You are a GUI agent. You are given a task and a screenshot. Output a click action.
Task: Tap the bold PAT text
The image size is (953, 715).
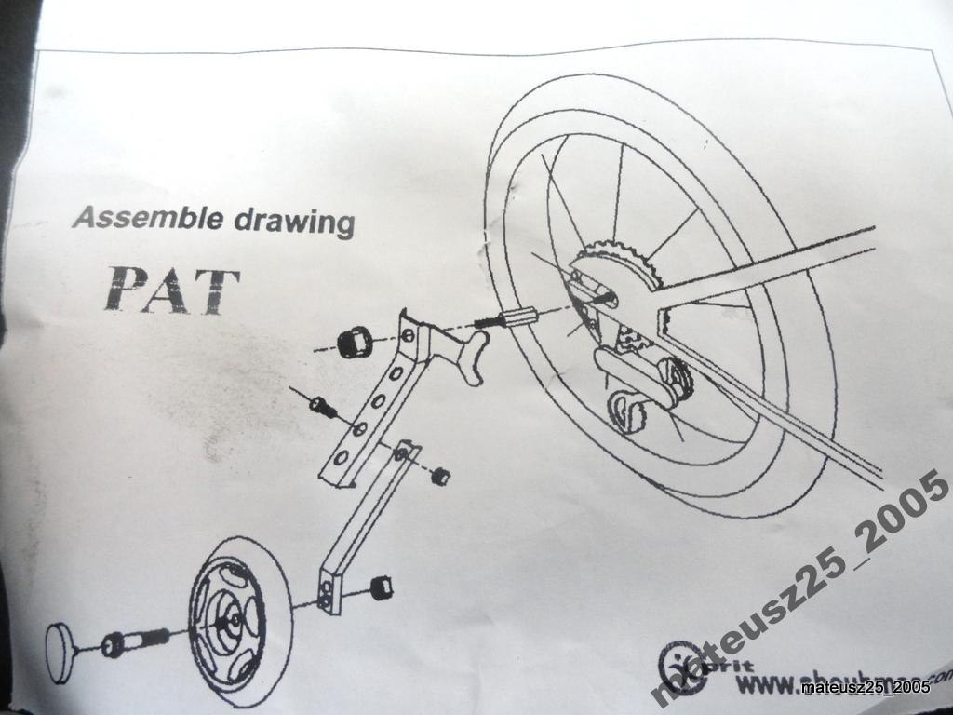click(172, 289)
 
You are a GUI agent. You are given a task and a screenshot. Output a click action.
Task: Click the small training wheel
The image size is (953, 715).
click(228, 609)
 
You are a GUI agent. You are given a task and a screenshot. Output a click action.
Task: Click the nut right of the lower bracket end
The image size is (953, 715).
click(380, 588)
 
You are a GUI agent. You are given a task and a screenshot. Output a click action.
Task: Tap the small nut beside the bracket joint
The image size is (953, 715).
click(440, 476)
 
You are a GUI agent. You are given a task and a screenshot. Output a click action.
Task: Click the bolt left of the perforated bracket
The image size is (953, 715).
click(322, 406)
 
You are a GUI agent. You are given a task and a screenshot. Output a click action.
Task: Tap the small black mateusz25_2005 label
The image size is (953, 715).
click(866, 688)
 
